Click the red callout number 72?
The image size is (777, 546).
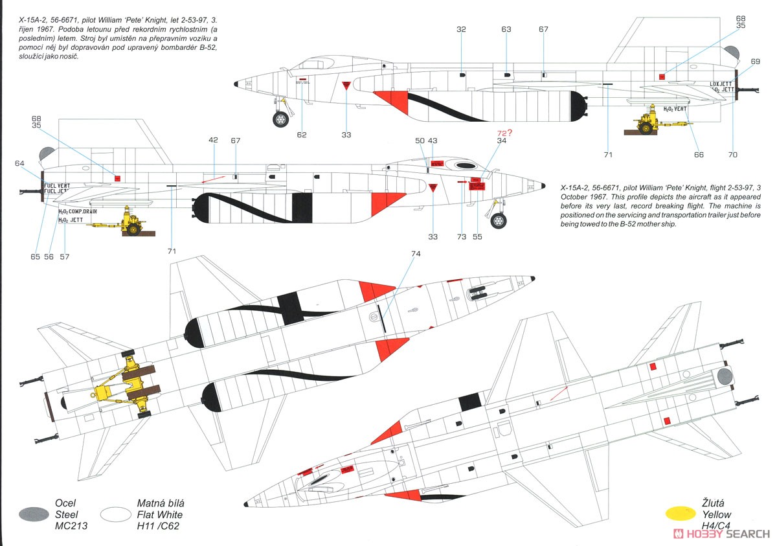(504, 133)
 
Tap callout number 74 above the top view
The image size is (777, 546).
(416, 254)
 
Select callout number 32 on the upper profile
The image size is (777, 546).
(461, 29)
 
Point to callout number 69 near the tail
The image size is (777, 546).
(755, 62)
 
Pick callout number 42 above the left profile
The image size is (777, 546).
(214, 140)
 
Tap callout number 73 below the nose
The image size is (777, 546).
(461, 237)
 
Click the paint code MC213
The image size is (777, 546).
(71, 526)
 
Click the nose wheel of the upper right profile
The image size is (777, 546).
(280, 119)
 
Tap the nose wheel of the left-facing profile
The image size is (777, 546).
(498, 221)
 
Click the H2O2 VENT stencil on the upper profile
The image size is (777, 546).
(670, 109)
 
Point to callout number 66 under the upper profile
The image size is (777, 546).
(698, 155)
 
